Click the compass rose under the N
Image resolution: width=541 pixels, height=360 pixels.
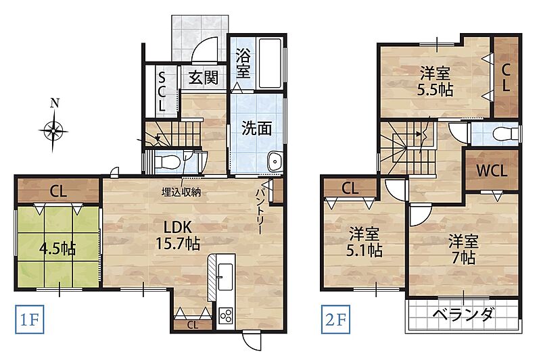[x=53, y=131]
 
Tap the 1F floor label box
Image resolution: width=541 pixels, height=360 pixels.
[x=29, y=319]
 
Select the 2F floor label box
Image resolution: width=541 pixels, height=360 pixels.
[x=335, y=319]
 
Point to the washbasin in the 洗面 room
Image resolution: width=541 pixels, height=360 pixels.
[x=275, y=161]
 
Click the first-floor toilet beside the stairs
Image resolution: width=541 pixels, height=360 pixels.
[x=168, y=161]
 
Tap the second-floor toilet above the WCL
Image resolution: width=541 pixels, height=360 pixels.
[x=506, y=134]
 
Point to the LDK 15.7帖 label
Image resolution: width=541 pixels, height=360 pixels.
[x=178, y=235]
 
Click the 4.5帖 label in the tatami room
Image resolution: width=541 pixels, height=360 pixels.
[x=57, y=248]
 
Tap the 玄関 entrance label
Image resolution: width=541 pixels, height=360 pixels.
[x=204, y=78]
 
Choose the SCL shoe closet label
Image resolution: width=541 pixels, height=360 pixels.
[x=162, y=91]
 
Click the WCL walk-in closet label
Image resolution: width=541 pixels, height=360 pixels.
[x=492, y=170]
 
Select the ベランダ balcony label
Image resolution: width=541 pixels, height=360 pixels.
[x=463, y=314]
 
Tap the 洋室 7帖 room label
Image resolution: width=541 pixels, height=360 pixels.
[x=463, y=249]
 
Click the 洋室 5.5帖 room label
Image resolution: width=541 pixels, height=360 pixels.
[x=435, y=82]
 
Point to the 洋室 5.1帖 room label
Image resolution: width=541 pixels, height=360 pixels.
[x=364, y=242]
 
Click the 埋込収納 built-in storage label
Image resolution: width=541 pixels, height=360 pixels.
[x=181, y=192]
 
